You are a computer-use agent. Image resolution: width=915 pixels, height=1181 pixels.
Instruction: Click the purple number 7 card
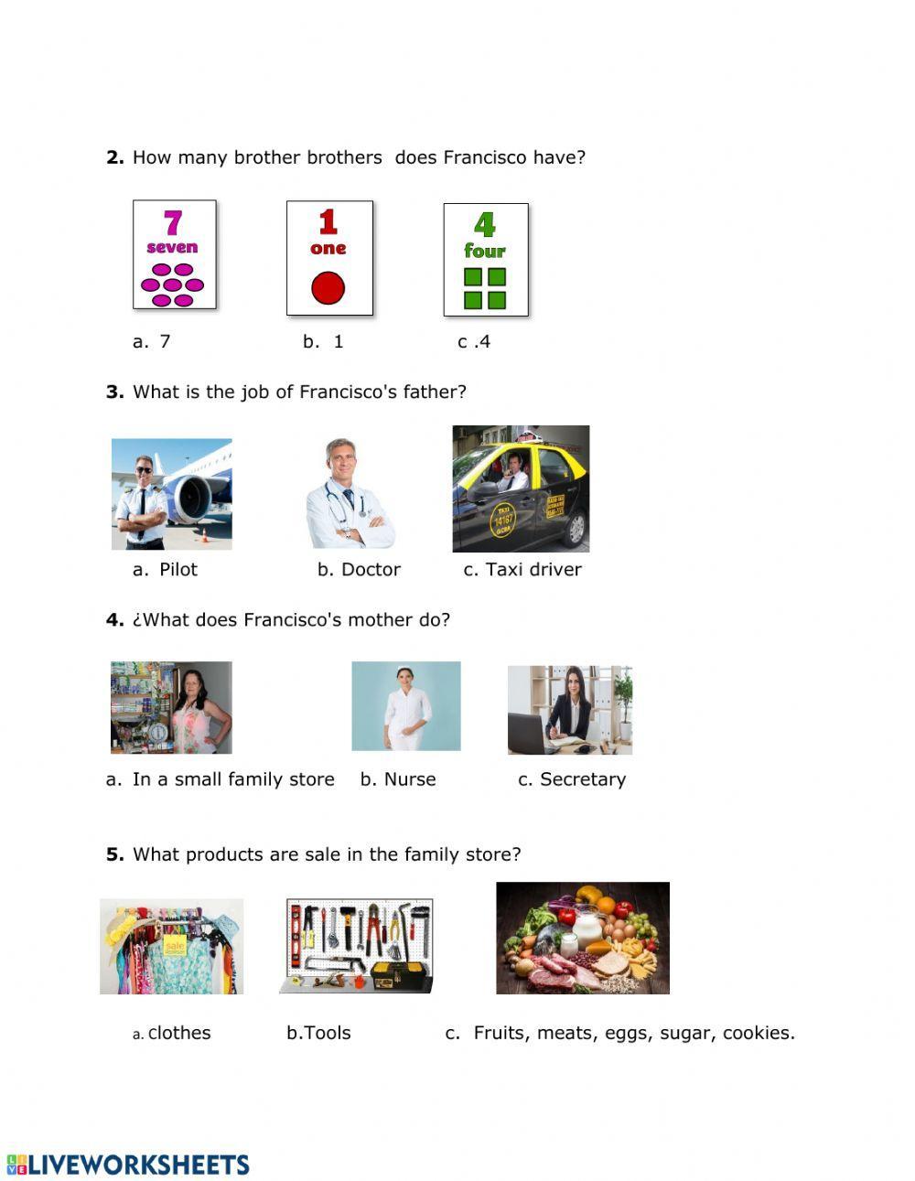tap(175, 254)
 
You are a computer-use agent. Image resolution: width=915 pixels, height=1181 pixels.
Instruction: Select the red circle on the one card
tap(328, 288)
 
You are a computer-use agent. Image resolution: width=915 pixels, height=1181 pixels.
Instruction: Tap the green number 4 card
tap(486, 260)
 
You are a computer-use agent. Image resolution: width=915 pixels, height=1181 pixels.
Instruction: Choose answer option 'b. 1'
tap(323, 342)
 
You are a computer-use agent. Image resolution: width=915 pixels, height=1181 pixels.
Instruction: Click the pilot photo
tap(172, 494)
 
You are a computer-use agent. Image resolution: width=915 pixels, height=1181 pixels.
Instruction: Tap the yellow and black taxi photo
tap(521, 489)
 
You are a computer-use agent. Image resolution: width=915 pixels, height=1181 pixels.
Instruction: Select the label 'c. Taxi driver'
tap(522, 570)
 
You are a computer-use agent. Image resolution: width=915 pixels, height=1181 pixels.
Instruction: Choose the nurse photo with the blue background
tap(406, 706)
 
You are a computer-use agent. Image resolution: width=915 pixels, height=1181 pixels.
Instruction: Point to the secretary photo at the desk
tap(570, 710)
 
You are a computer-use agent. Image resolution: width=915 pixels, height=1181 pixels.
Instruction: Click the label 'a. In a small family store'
tap(221, 779)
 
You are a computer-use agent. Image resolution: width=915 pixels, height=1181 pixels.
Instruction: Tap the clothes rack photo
tap(172, 946)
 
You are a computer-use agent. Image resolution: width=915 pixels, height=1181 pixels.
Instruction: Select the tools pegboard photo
tap(356, 946)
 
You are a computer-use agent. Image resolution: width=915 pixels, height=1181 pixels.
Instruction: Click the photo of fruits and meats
tap(583, 938)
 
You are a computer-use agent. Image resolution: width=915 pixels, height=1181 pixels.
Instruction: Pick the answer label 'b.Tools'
tap(318, 1033)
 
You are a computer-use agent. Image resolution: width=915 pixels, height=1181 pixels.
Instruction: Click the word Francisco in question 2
tap(485, 157)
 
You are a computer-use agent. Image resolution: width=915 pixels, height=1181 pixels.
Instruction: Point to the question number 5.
tap(114, 854)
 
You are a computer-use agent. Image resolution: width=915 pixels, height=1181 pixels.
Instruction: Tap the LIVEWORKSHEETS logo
tap(128, 1165)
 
